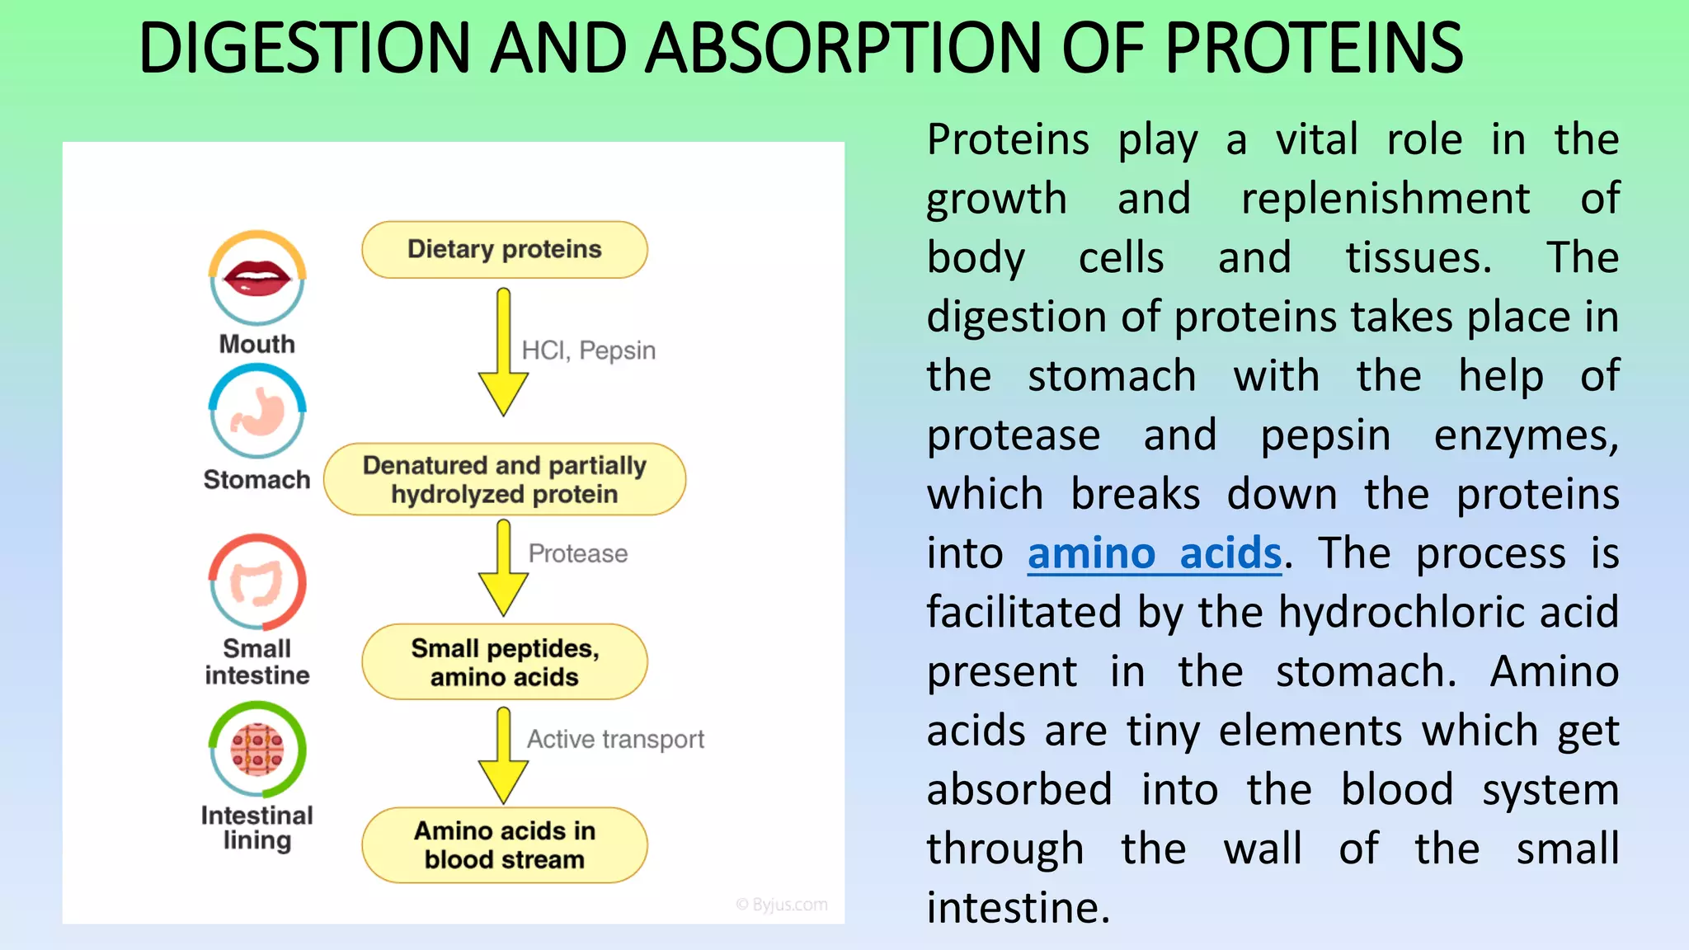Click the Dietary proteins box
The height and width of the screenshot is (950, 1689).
point(504,249)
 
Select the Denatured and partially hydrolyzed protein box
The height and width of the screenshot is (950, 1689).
point(504,479)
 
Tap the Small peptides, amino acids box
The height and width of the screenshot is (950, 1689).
point(504,662)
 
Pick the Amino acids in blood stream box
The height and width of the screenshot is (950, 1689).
point(504,845)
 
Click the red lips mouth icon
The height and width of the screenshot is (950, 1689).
point(257,278)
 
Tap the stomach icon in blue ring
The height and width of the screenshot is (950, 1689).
point(257,412)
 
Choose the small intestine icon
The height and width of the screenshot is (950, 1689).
point(257,582)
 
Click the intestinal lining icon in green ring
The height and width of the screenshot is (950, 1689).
point(257,750)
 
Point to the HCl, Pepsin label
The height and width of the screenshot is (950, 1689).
point(588,350)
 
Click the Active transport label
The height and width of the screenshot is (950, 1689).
point(615,739)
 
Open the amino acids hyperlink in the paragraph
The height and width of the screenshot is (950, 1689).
point(1154,553)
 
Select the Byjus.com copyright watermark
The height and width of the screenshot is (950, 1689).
point(782,905)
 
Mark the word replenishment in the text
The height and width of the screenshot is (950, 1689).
point(1386,199)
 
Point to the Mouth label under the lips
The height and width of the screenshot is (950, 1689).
point(256,344)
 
